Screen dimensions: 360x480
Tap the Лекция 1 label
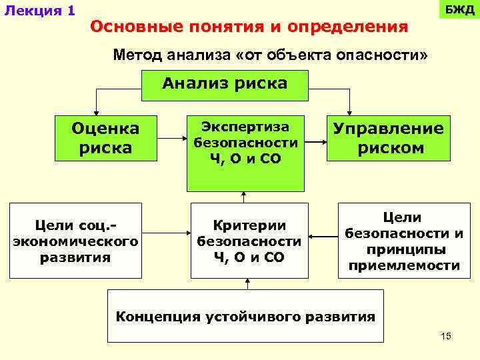pyautogui.click(x=39, y=11)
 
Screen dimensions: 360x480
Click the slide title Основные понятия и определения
pyautogui.click(x=249, y=27)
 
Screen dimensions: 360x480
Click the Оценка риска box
pyautogui.click(x=105, y=138)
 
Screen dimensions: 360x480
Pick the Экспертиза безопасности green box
pyautogui.click(x=245, y=153)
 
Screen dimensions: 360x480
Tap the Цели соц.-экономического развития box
pyautogui.click(x=75, y=240)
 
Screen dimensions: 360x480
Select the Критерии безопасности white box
pyautogui.click(x=249, y=240)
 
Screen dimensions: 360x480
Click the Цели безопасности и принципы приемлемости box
pyautogui.click(x=402, y=240)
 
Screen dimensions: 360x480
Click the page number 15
pyautogui.click(x=446, y=336)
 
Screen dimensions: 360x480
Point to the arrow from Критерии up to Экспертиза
pyautogui.click(x=244, y=197)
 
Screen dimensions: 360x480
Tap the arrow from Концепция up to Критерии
pyautogui.click(x=247, y=283)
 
